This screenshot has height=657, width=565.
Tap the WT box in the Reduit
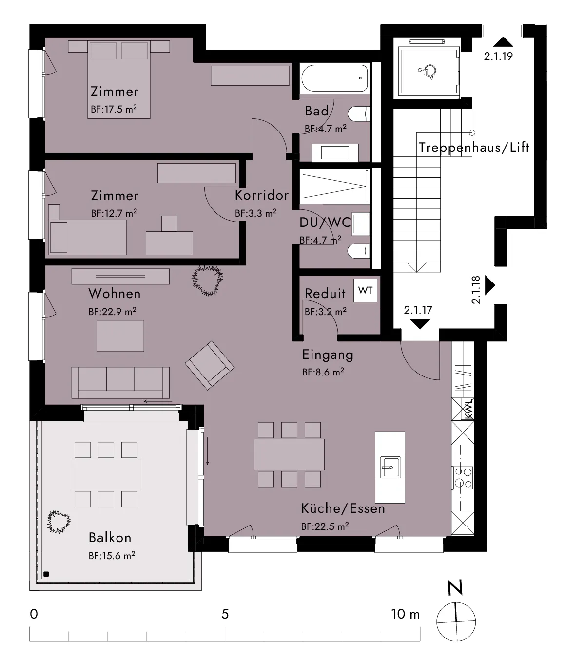point(365,290)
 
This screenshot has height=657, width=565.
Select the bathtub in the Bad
point(334,78)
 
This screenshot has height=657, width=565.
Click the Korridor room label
point(261,195)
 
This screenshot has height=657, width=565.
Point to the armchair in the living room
point(210,366)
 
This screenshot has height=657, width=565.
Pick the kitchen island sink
point(390,467)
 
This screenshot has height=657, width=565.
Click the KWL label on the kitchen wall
point(468,409)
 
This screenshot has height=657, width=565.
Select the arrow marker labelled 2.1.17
point(420,324)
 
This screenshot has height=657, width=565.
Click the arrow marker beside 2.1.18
point(490,285)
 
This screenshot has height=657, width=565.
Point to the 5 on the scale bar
point(225,614)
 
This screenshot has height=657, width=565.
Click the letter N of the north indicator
point(455,587)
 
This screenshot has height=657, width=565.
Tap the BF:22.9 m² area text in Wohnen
point(112,311)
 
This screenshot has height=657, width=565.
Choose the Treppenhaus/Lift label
point(474,148)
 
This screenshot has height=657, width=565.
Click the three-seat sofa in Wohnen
point(120,383)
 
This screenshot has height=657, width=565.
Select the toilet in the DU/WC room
point(358,251)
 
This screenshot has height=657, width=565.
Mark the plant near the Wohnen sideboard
point(207,281)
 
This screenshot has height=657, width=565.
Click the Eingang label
point(328,355)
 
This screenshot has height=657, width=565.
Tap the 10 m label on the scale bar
point(405,614)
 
